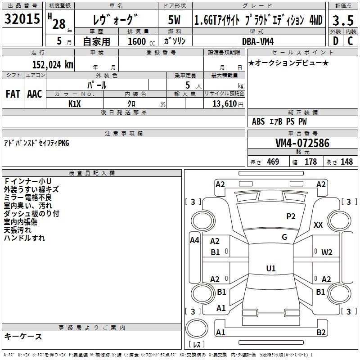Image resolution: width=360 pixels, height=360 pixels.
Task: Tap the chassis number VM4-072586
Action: click(302, 144)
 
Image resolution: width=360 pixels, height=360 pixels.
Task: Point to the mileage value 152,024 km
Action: click(53, 64)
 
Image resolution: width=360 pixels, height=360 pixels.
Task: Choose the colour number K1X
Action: click(75, 103)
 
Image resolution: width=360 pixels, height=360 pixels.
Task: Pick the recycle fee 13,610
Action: click(224, 103)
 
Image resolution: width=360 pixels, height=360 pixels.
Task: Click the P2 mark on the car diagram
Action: click(291, 216)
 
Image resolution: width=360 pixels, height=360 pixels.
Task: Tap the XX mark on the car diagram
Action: click(318, 225)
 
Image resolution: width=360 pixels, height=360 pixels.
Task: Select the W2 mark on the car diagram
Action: click(327, 252)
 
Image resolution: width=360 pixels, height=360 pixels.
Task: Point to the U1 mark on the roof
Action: click(270, 269)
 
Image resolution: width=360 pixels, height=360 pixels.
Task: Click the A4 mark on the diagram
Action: click(194, 240)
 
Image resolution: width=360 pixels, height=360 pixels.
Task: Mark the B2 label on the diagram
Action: click(321, 333)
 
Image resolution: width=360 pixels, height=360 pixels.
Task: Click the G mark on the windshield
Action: click(284, 237)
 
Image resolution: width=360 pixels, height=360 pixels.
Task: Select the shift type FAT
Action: click(13, 94)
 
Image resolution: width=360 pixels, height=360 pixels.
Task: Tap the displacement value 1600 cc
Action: click(140, 41)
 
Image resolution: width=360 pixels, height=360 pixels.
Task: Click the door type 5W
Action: click(174, 20)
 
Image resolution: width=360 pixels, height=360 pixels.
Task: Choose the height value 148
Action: click(346, 162)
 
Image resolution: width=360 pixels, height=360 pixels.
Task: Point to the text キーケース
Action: click(23, 336)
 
